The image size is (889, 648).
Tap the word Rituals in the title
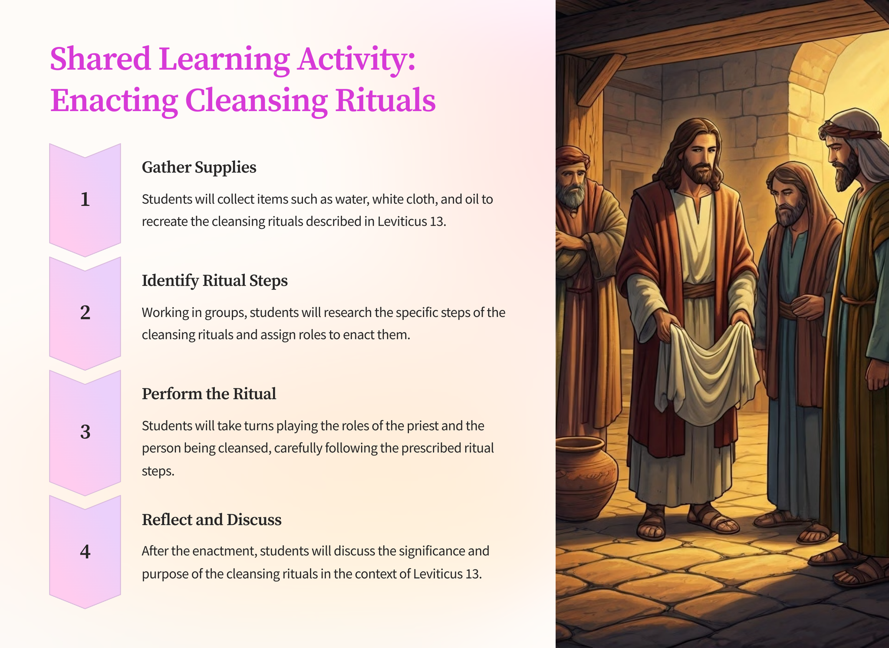pos(385,100)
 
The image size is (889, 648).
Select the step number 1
pos(85,199)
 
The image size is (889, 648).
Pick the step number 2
pos(85,312)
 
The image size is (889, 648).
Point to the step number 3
pos(85,432)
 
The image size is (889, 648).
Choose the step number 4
pos(85,552)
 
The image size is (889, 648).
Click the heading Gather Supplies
pos(199,168)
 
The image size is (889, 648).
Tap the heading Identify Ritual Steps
pos(215,280)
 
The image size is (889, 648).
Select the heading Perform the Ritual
pos(209,394)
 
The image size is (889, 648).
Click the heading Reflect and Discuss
pos(211,520)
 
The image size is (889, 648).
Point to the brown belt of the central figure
pos(699,290)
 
